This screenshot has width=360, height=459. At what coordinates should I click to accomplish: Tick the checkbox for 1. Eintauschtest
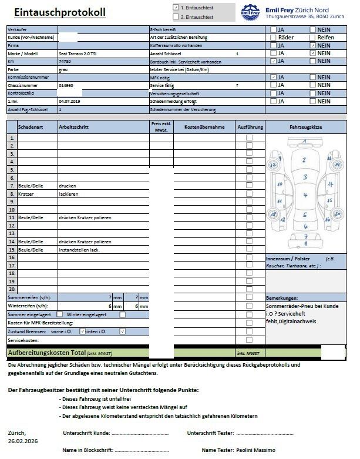(x=176, y=7)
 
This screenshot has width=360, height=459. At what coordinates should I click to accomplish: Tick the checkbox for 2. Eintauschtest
(x=176, y=16)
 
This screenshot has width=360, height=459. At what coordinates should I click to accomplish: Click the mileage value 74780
(x=65, y=61)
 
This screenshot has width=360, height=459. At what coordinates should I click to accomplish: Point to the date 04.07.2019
(x=69, y=101)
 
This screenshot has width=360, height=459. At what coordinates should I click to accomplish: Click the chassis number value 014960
(x=66, y=85)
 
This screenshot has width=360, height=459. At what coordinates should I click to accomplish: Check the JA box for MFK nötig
(x=274, y=77)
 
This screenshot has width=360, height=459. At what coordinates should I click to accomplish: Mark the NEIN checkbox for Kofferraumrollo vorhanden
(x=313, y=45)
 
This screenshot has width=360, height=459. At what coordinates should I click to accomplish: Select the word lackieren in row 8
(x=68, y=193)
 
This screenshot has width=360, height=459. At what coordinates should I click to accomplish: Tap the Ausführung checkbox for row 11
(x=249, y=217)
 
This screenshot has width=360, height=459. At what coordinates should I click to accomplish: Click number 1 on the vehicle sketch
(x=304, y=142)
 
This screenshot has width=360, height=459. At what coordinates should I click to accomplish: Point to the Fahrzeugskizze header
(x=305, y=126)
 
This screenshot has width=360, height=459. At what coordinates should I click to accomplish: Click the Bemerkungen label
(x=286, y=298)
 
